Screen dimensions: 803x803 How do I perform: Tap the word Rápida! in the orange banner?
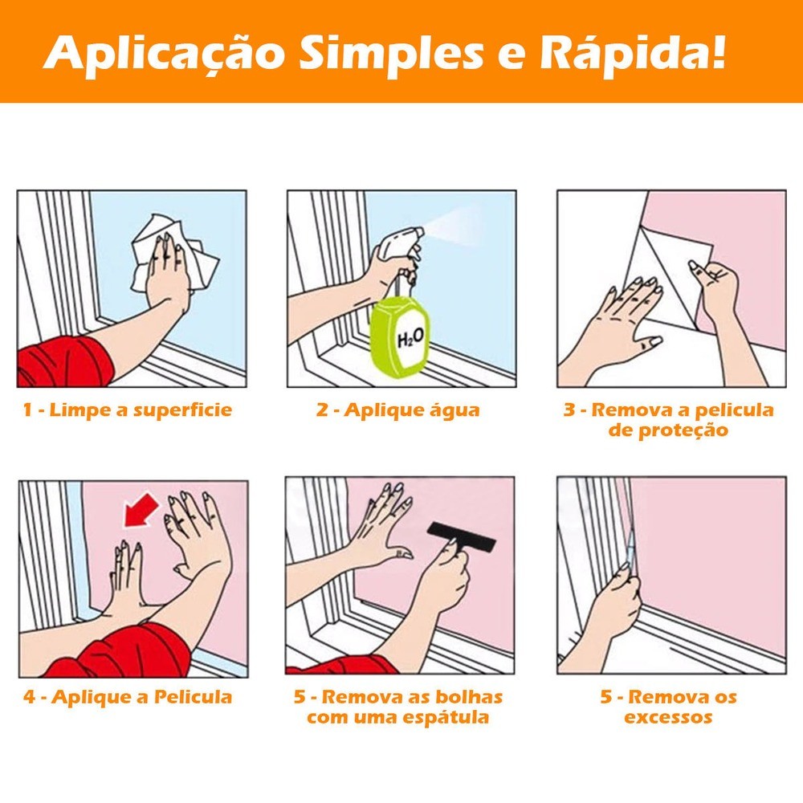tap(633, 51)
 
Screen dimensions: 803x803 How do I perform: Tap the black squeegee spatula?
tap(461, 536)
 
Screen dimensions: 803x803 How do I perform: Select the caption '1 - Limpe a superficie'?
tap(128, 410)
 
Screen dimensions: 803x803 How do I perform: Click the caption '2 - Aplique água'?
tap(398, 410)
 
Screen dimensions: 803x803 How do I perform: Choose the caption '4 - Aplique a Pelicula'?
tap(128, 696)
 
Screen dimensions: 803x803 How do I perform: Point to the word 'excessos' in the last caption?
tap(668, 717)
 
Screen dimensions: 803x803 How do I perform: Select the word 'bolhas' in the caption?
tap(469, 696)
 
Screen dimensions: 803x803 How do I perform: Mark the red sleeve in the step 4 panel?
tap(123, 651)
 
